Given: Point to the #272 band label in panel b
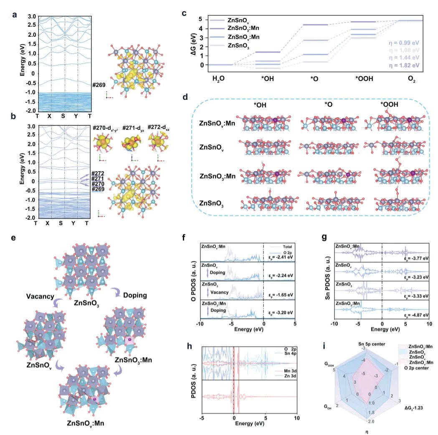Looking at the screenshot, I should [99, 173].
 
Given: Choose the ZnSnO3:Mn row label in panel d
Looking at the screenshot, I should [217, 176].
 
